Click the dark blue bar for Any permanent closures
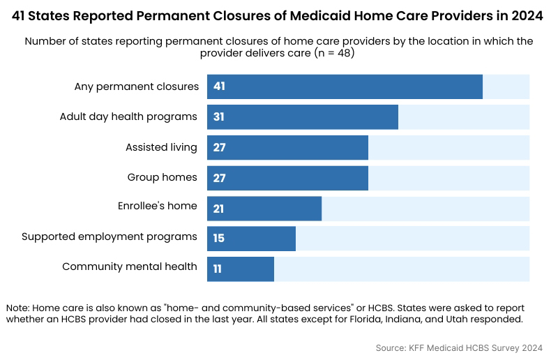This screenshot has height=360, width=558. (345, 87)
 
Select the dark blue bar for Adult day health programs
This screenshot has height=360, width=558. (302, 117)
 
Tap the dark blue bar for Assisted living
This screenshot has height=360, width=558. (287, 147)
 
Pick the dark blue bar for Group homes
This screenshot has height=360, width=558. (287, 178)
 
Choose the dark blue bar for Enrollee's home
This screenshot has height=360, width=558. (264, 209)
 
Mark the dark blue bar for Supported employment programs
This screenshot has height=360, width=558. (251, 239)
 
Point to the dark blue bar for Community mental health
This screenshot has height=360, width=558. (241, 269)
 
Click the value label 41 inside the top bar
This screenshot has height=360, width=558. (219, 87)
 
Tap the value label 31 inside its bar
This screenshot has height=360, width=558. (218, 117)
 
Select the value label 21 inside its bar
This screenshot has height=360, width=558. (219, 209)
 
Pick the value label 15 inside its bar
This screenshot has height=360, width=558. (218, 239)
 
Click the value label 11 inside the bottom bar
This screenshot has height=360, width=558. (218, 269)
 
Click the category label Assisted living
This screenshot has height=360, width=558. (161, 147)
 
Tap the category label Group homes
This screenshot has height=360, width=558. (162, 178)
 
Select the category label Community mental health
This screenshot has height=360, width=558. (130, 267)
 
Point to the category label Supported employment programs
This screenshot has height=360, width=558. (110, 237)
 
